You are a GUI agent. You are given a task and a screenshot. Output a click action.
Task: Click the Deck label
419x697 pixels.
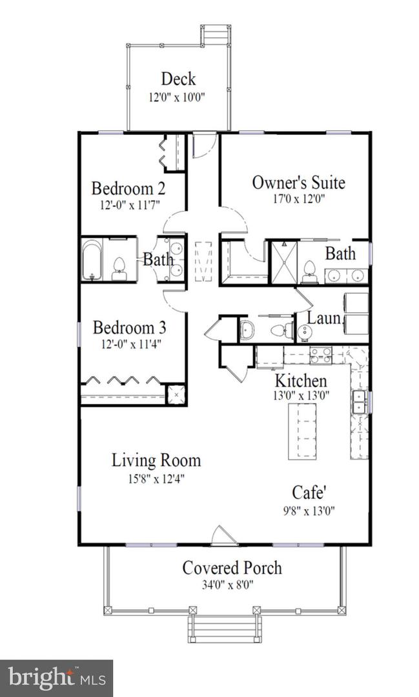click(178, 79)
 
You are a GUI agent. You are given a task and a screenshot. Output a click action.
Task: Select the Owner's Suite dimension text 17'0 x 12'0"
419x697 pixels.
click(298, 199)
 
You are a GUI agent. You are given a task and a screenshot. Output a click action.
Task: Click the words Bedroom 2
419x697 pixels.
click(128, 188)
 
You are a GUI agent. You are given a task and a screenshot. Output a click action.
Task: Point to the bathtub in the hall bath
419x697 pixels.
click(92, 261)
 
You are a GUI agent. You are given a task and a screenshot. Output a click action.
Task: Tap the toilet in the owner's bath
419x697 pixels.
click(310, 271)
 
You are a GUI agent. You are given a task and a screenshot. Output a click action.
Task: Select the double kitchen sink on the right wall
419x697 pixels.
click(358, 402)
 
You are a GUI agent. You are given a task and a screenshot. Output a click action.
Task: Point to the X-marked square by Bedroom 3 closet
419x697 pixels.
click(176, 394)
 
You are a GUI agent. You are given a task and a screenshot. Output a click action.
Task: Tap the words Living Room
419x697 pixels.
click(156, 460)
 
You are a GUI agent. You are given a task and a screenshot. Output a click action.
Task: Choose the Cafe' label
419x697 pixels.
click(309, 492)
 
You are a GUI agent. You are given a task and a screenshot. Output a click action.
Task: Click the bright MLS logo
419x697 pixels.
click(56, 678)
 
